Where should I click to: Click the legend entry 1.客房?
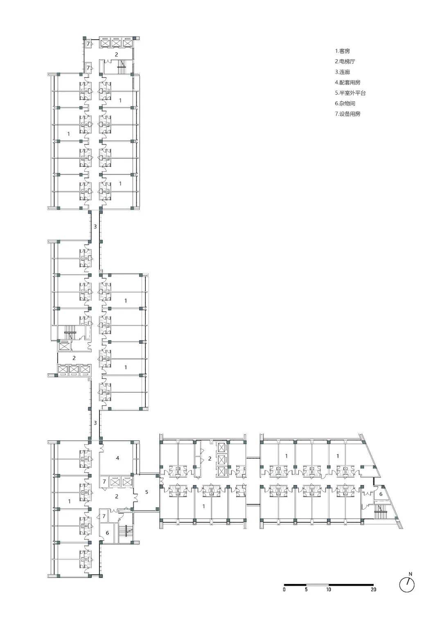coord(343,51)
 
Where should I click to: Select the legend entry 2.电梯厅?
coord(345,61)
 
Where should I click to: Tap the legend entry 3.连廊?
coord(343,72)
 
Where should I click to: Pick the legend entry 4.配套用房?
coord(348,83)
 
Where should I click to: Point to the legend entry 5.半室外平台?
coord(350,93)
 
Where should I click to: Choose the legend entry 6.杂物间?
coord(345,103)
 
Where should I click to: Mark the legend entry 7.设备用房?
coord(348,114)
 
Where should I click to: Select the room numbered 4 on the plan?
coord(118,458)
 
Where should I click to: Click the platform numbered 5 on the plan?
coord(147,492)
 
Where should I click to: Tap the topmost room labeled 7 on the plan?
coord(88,44)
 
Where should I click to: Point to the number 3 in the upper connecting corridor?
coord(95,226)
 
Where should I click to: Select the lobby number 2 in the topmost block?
coord(116,55)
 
